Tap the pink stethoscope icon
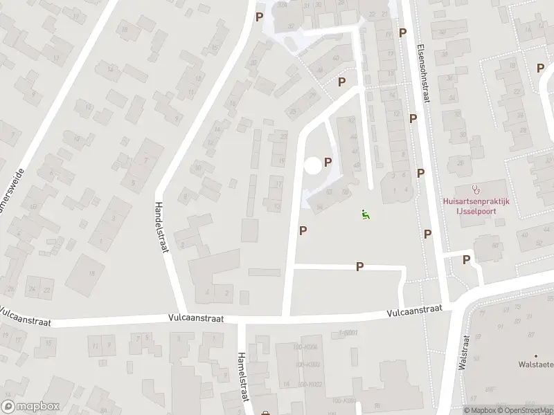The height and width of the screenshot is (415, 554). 475,188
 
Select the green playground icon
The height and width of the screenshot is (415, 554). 365,214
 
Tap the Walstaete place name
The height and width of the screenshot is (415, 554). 537,364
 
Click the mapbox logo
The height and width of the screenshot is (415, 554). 30,406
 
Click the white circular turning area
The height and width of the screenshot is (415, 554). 312,165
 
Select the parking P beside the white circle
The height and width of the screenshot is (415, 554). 328,162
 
